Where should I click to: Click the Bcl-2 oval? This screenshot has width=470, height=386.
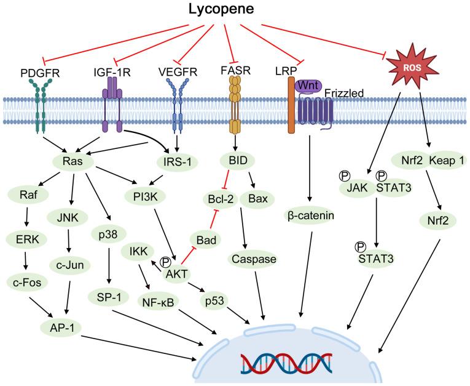[x=220, y=200]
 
